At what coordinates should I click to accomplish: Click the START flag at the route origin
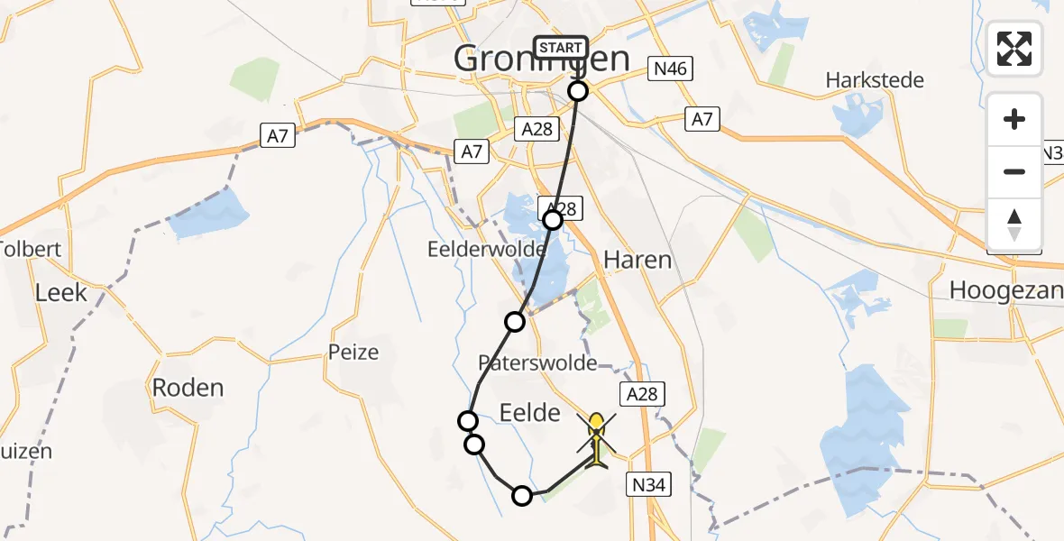(x=561, y=47)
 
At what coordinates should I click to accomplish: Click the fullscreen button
(x=1014, y=48)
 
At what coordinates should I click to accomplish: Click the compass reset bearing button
(x=1014, y=225)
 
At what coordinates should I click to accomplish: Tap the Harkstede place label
(x=875, y=80)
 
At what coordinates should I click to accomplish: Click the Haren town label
(x=637, y=261)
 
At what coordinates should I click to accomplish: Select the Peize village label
(x=354, y=352)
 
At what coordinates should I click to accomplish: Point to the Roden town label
(x=188, y=388)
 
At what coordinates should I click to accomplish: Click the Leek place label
(x=61, y=292)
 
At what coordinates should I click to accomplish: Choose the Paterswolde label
(x=538, y=362)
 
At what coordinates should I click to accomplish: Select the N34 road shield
(x=648, y=485)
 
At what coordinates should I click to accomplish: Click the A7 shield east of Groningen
(x=702, y=118)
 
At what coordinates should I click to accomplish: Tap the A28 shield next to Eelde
(x=643, y=393)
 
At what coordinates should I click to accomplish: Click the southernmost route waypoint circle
(x=522, y=495)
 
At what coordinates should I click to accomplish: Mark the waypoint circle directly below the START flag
(x=578, y=90)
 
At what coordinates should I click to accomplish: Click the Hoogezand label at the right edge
(x=1006, y=290)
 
